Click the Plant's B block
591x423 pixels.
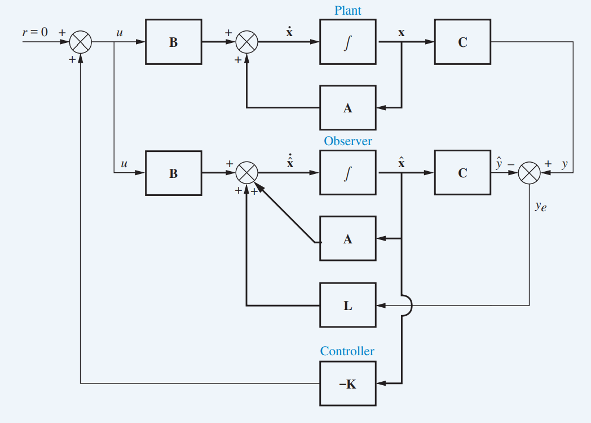tap(174, 42)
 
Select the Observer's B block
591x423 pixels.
tap(174, 173)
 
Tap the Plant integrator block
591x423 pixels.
tap(348, 42)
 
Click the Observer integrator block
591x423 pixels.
tap(348, 173)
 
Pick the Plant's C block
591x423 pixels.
tap(462, 42)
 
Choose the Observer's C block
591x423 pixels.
tap(462, 173)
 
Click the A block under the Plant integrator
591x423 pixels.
tap(348, 108)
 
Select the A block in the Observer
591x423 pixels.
tap(348, 239)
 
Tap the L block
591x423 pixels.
tap(348, 306)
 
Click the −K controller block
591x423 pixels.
tap(348, 384)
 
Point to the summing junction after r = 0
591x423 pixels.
tap(81, 42)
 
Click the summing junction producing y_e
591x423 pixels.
tap(529, 173)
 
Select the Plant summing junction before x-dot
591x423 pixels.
tap(246, 42)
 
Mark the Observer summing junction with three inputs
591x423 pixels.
tap(246, 173)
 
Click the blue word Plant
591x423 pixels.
tap(347, 11)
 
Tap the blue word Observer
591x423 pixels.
tap(347, 141)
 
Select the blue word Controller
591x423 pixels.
tap(347, 351)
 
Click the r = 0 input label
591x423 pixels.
tap(35, 32)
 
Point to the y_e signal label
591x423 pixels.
tap(540, 207)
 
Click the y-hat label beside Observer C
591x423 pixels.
tap(499, 164)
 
